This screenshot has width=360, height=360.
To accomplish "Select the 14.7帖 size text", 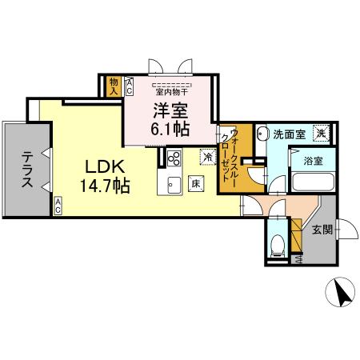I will coord(104,186).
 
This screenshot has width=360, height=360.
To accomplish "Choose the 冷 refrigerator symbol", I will coord(207,158).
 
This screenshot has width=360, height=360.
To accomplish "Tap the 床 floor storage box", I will coord(194,184).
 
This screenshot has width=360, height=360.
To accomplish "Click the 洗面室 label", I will coord(288,134).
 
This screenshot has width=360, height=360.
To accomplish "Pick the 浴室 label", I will coord(313,161).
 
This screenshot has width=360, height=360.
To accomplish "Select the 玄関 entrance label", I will coord(322,230).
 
